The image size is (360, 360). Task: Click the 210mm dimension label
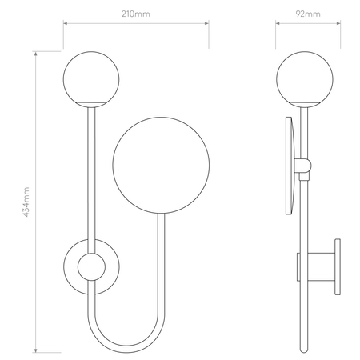tap(136, 14)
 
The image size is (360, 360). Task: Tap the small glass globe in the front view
tap(93, 77)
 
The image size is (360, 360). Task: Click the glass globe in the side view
tap(302, 77)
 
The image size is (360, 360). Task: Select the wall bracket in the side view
tap(320, 266)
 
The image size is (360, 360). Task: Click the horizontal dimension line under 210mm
tap(136, 23)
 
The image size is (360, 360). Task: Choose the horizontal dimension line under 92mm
tap(309, 23)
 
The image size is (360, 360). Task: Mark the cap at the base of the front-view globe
tap(93, 102)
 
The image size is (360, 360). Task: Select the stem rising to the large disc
tap(165, 240)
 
